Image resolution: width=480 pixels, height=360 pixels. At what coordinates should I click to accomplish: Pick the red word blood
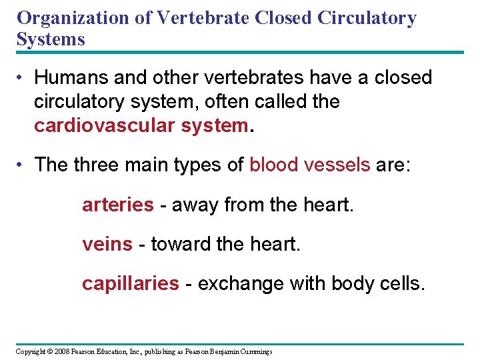click(273, 165)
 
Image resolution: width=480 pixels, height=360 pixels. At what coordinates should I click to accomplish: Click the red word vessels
click(337, 165)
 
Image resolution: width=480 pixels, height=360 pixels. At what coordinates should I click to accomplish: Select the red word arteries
click(117, 205)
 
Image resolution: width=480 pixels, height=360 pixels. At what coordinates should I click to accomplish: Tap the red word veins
click(107, 245)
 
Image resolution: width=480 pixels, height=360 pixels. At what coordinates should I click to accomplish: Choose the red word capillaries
click(130, 284)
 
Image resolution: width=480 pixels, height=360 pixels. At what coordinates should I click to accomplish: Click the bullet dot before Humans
click(21, 79)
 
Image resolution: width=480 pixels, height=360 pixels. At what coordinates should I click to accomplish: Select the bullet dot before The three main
click(21, 165)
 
